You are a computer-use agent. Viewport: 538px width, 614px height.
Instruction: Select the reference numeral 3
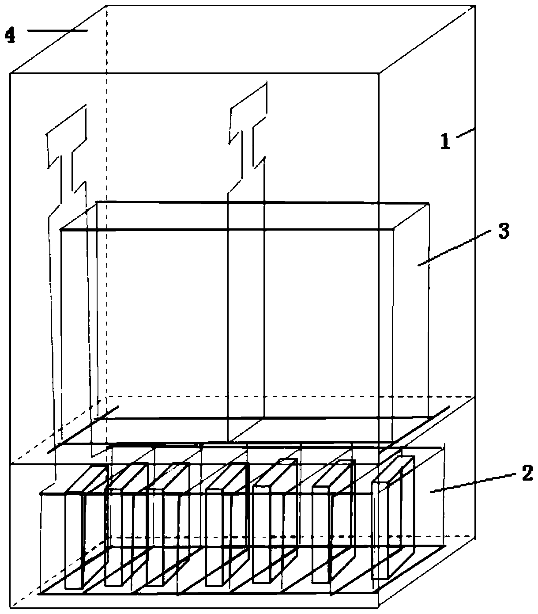click(503, 231)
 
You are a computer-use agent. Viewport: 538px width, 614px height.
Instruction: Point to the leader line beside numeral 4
click(57, 30)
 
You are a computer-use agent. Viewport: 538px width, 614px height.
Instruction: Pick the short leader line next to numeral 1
click(466, 132)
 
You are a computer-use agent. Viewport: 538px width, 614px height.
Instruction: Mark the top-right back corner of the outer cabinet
click(475, 6)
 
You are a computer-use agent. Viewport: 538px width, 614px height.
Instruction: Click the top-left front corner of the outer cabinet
click(10, 73)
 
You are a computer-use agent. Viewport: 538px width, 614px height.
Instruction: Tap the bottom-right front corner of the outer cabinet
click(378, 606)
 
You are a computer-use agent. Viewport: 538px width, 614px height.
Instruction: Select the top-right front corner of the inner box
click(393, 229)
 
